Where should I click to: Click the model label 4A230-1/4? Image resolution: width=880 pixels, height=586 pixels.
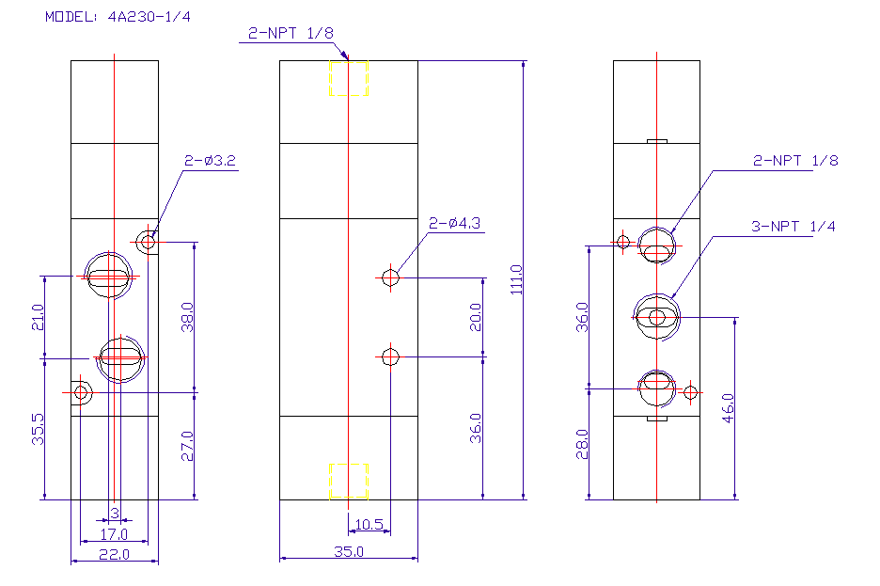pos(149,17)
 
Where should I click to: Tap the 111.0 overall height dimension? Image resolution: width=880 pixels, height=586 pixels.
pos(516,279)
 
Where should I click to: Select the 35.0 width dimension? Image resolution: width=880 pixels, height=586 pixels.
pos(349,551)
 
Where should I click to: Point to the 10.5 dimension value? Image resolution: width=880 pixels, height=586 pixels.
pos(369,524)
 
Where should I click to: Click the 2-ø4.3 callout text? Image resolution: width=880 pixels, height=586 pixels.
pos(455,224)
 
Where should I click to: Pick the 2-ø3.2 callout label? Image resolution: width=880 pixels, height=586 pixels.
pos(210,161)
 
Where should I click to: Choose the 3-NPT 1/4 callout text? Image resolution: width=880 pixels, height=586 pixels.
pos(793,226)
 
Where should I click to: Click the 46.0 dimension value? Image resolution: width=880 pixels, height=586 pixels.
pos(728,408)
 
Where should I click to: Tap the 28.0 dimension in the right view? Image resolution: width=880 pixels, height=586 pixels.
pos(582,444)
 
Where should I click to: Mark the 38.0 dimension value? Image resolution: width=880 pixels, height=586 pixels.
pos(187,317)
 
